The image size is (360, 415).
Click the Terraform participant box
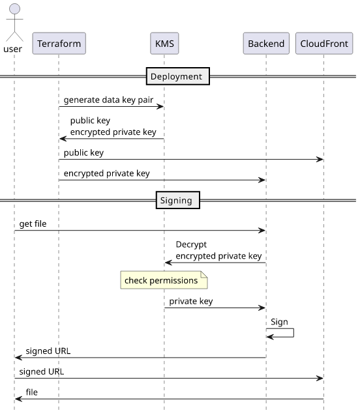click(x=59, y=44)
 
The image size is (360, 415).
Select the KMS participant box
click(x=164, y=44)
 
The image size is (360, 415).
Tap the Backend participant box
click(x=266, y=44)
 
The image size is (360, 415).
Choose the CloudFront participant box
click(x=324, y=44)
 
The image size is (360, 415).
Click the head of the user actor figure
click(x=14, y=8)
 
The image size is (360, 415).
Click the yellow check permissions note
click(x=164, y=280)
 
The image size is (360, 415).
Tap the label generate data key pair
click(x=108, y=100)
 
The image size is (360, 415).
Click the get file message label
click(x=33, y=224)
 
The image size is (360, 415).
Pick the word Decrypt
click(x=191, y=244)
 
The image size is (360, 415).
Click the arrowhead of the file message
click(x=18, y=399)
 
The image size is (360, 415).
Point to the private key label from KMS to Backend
click(x=191, y=301)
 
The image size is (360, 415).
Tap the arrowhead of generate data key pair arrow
click(x=160, y=106)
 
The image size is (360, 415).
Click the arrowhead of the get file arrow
click(x=262, y=231)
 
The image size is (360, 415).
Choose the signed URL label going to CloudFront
click(x=42, y=371)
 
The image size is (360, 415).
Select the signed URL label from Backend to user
click(x=48, y=351)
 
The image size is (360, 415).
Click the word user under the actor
click(x=12, y=50)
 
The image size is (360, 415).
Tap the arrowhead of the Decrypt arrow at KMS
click(x=168, y=263)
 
